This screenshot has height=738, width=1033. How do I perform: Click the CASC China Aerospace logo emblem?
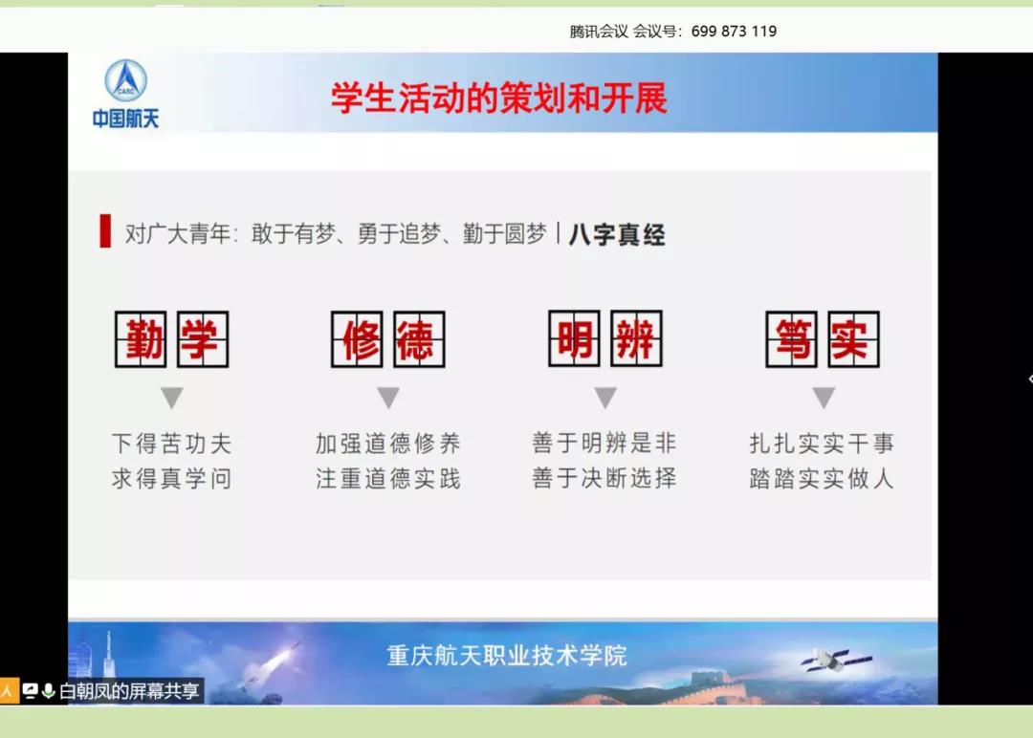[126, 80]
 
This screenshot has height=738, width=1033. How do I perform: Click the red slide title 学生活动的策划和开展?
[498, 98]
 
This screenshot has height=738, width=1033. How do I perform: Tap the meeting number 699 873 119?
[734, 31]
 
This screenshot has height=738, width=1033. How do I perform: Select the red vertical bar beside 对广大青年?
[105, 231]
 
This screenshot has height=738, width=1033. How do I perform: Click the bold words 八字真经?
[617, 234]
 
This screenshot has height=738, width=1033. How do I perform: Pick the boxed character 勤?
[141, 339]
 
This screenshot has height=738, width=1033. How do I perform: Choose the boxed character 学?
[203, 339]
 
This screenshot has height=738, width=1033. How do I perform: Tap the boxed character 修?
[357, 339]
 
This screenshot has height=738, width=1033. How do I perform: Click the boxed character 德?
[419, 339]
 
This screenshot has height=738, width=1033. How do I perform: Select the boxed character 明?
[574, 338]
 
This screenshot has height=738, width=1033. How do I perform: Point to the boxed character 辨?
[636, 338]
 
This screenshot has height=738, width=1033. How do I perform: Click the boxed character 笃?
[791, 339]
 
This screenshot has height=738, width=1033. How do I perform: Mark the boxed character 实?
[853, 339]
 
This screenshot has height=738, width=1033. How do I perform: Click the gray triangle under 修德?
[388, 397]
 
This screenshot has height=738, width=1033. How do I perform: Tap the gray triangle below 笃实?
[824, 397]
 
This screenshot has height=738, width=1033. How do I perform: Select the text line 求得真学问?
[171, 479]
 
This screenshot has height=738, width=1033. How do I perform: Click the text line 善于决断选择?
[604, 478]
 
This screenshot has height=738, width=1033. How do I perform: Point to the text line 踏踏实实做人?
[822, 479]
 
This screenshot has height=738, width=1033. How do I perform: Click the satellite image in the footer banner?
[836, 659]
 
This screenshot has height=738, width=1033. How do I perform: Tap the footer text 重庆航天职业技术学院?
[507, 656]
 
